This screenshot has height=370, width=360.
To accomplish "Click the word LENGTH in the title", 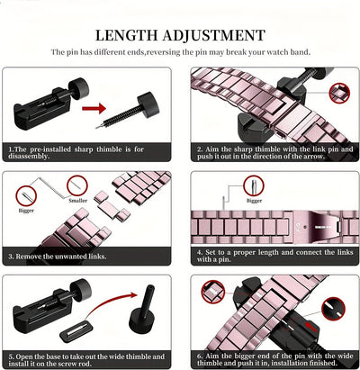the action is coord(127,35).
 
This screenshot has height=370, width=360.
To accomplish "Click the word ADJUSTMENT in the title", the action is coord(214,35).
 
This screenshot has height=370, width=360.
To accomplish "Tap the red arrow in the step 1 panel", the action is coord(94,108).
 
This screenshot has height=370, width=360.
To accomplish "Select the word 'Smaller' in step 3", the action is coord(78,201).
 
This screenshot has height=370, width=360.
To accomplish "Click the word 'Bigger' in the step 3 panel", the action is coord(26,211).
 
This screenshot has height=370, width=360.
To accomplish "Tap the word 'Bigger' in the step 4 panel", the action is coord(254,201).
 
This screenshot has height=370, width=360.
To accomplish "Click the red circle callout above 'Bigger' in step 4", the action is coord(254,185).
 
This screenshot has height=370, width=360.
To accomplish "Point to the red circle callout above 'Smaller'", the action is coord(77,185).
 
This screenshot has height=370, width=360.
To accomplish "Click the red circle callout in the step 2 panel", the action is coord(339,94).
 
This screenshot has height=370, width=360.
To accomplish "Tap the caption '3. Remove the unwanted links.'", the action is coord(58,257).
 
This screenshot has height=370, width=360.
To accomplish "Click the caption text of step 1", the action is coord(76,152).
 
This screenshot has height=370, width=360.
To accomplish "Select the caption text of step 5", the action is coord(86,360).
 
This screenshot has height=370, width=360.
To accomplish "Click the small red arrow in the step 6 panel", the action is coord(310,327).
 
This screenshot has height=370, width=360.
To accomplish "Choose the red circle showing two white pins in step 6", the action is coord(333,310).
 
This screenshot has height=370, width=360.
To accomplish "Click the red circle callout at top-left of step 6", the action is coord(213,292).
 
